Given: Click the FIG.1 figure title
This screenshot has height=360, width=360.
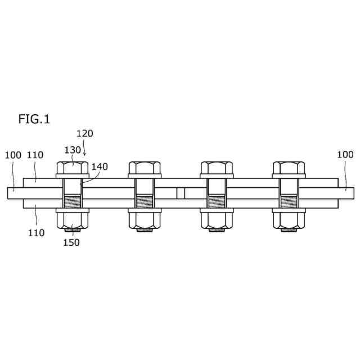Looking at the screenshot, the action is (x=34, y=119).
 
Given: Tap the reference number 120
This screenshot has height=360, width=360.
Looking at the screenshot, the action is (x=84, y=134).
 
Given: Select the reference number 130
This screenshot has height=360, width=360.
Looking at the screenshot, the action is (x=73, y=150).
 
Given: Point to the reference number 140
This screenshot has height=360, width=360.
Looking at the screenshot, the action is (x=99, y=167).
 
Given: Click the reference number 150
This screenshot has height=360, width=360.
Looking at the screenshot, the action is (x=71, y=242).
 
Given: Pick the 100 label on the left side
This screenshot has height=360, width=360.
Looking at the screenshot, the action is (x=13, y=154).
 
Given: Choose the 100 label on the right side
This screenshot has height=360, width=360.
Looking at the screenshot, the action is (x=345, y=154).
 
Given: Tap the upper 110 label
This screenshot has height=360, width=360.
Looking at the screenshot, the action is (x=35, y=154).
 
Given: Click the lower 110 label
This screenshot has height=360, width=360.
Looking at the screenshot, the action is (x=37, y=232).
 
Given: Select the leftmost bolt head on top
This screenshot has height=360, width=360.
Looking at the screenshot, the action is (x=73, y=168).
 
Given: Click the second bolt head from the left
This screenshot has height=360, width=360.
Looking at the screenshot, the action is (x=145, y=168).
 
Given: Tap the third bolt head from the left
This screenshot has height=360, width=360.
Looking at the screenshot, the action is (x=217, y=168).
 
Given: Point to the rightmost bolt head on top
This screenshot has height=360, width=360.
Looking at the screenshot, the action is (x=289, y=168).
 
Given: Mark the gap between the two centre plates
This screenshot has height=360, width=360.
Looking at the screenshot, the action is (x=181, y=193).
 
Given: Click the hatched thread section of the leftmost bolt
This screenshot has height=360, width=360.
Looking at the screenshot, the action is (x=73, y=201).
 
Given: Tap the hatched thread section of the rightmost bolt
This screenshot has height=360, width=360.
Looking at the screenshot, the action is (x=289, y=201).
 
